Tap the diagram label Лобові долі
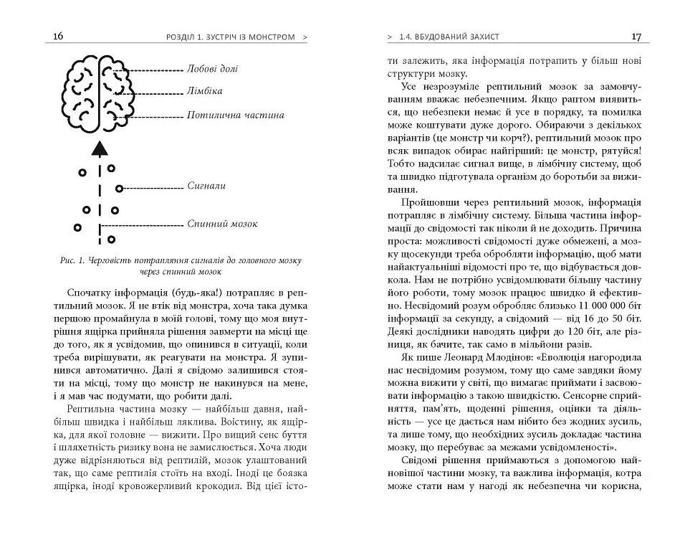coord(212,70)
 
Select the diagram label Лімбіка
coord(203,92)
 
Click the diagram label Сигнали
coord(206,186)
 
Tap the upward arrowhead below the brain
coord(100,148)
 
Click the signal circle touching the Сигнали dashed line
coord(120,189)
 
